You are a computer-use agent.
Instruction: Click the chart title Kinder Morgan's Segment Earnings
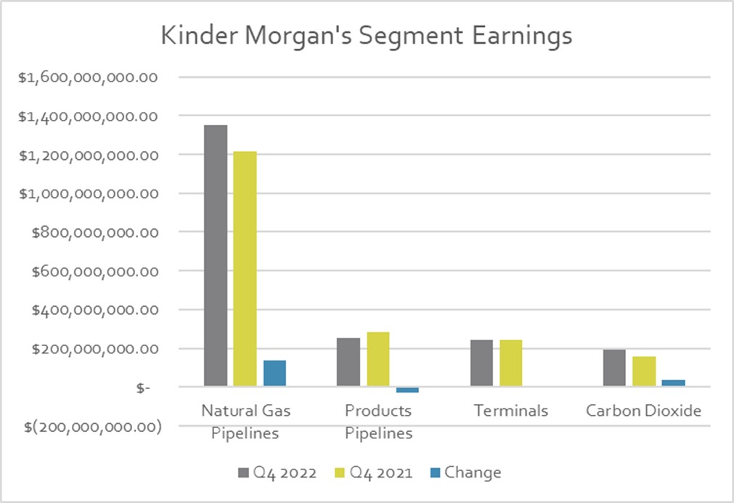point(366,36)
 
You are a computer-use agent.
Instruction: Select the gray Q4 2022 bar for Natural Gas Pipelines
point(215,255)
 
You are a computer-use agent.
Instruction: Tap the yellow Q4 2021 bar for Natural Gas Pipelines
point(245,269)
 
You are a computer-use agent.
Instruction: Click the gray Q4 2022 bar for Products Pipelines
point(348,362)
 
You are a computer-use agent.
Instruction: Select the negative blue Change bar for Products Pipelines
point(407,390)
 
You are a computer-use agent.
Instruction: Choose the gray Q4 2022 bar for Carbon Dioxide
point(614,368)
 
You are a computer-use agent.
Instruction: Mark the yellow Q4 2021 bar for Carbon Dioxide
point(644,371)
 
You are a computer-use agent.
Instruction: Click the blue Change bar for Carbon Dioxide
point(674,383)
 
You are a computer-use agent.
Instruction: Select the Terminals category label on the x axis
point(511,411)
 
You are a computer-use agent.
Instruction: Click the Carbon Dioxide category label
point(644,411)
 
